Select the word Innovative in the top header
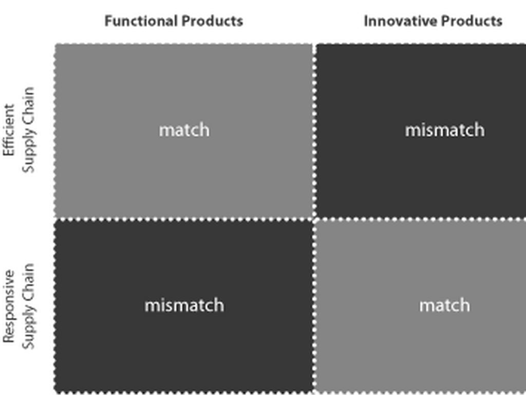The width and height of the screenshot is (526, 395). [394, 21]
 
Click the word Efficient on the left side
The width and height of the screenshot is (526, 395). [9, 130]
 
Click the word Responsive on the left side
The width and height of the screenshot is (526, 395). [9, 306]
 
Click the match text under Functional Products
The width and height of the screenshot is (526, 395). [184, 130]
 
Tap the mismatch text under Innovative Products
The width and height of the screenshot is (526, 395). [444, 130]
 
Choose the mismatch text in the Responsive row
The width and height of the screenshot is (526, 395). [184, 305]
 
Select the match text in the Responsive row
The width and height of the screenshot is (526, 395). [444, 305]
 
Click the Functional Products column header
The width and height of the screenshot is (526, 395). [174, 21]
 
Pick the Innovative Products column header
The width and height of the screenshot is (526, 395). [433, 21]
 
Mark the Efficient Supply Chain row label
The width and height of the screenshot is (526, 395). [19, 130]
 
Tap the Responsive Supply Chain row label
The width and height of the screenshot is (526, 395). [19, 306]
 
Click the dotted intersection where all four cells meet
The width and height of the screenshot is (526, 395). [314, 218]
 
